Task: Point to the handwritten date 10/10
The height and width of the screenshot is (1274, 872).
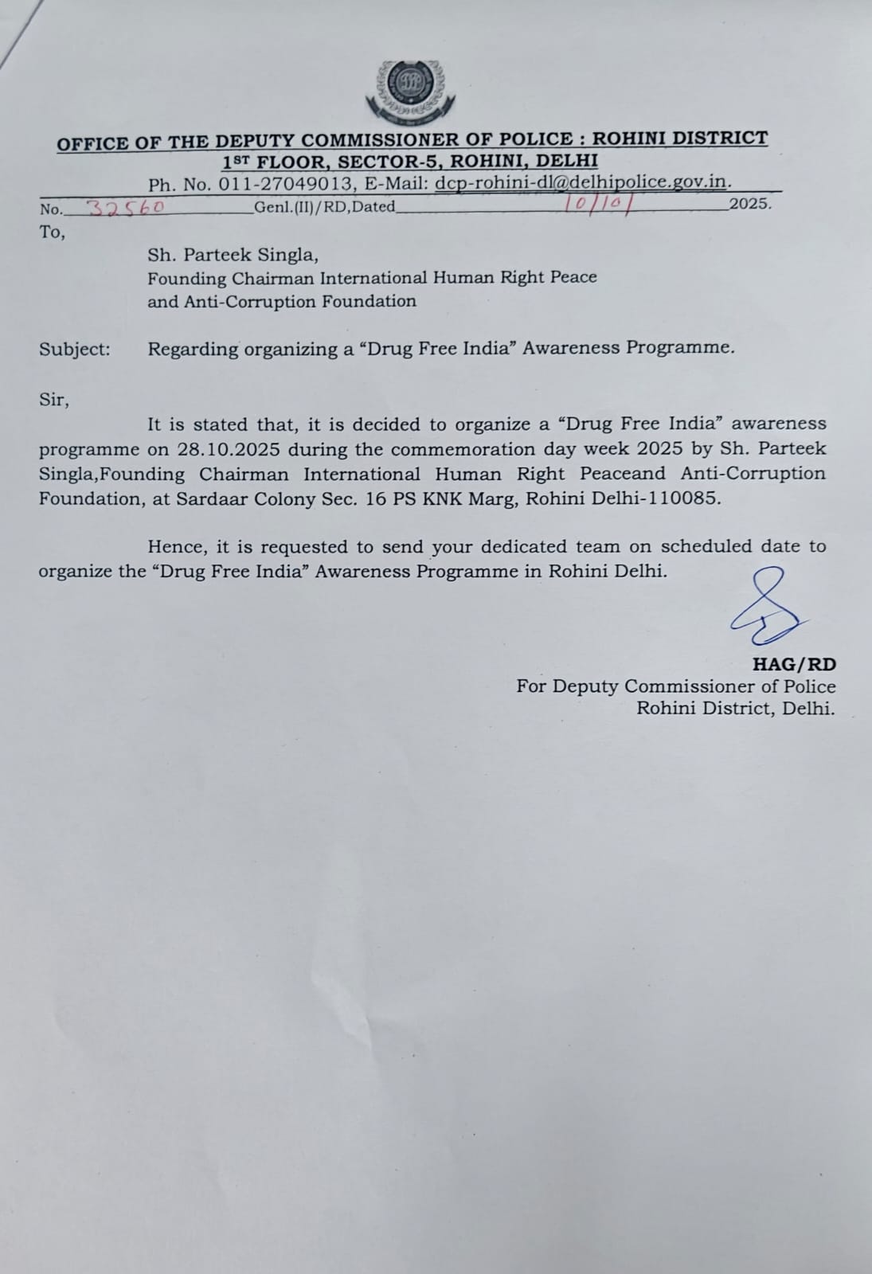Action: click(596, 204)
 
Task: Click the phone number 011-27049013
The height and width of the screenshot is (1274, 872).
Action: click(285, 184)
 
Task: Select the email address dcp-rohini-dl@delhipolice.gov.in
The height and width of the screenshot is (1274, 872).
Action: click(582, 182)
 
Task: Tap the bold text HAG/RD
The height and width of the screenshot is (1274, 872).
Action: click(794, 664)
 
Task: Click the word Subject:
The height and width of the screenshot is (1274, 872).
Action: click(75, 350)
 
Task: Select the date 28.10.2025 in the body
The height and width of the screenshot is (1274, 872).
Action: click(229, 449)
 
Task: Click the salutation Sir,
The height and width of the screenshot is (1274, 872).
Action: click(54, 400)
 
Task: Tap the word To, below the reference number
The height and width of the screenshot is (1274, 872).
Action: click(52, 233)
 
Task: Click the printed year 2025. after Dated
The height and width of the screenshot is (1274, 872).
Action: click(750, 204)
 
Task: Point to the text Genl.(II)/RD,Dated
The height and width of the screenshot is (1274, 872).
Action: click(324, 208)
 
